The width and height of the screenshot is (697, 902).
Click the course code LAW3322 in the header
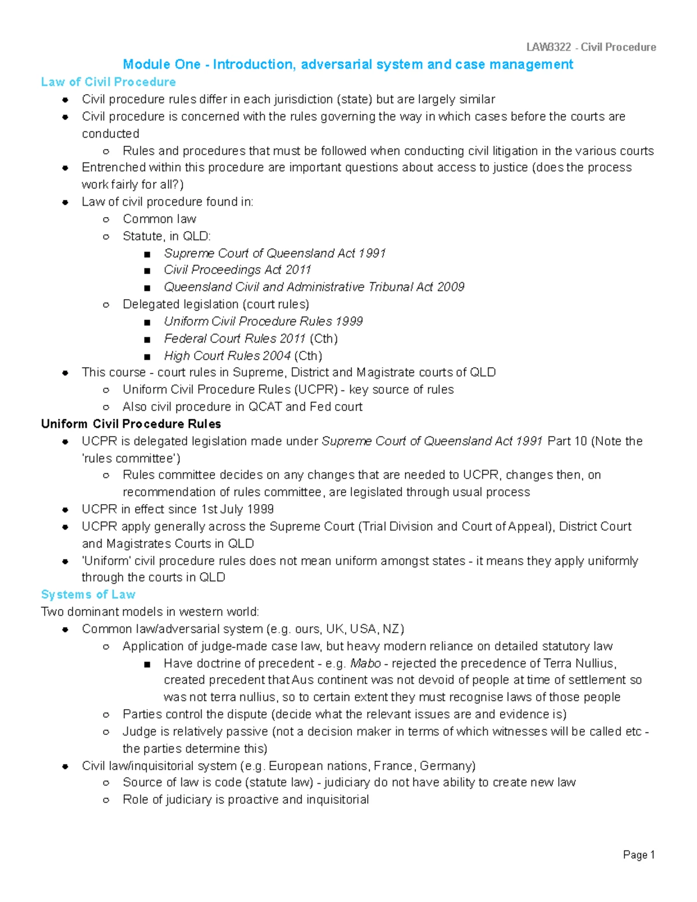pyautogui.click(x=548, y=47)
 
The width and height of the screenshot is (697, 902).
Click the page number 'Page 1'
pyautogui.click(x=638, y=854)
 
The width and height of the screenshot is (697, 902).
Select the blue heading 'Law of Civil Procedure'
pyautogui.click(x=108, y=82)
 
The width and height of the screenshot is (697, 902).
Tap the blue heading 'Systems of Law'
pyautogui.click(x=88, y=594)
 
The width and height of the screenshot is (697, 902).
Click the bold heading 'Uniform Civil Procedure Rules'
pyautogui.click(x=131, y=423)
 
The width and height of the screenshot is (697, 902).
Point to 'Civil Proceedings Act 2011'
pyautogui.click(x=237, y=269)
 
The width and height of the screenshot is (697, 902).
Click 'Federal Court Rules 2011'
pyautogui.click(x=235, y=339)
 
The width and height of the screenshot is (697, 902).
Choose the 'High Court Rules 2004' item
pyautogui.click(x=227, y=355)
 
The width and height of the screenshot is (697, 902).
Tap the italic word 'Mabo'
pyautogui.click(x=366, y=663)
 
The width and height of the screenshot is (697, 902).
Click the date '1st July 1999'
pyautogui.click(x=237, y=509)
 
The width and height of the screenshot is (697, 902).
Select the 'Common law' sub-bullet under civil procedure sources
pyautogui.click(x=159, y=219)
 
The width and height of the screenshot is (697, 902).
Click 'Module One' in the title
pyautogui.click(x=162, y=64)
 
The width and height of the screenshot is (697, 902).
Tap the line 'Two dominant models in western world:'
pyautogui.click(x=150, y=612)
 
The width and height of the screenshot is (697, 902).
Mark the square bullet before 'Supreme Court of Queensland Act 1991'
pyautogui.click(x=147, y=254)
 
